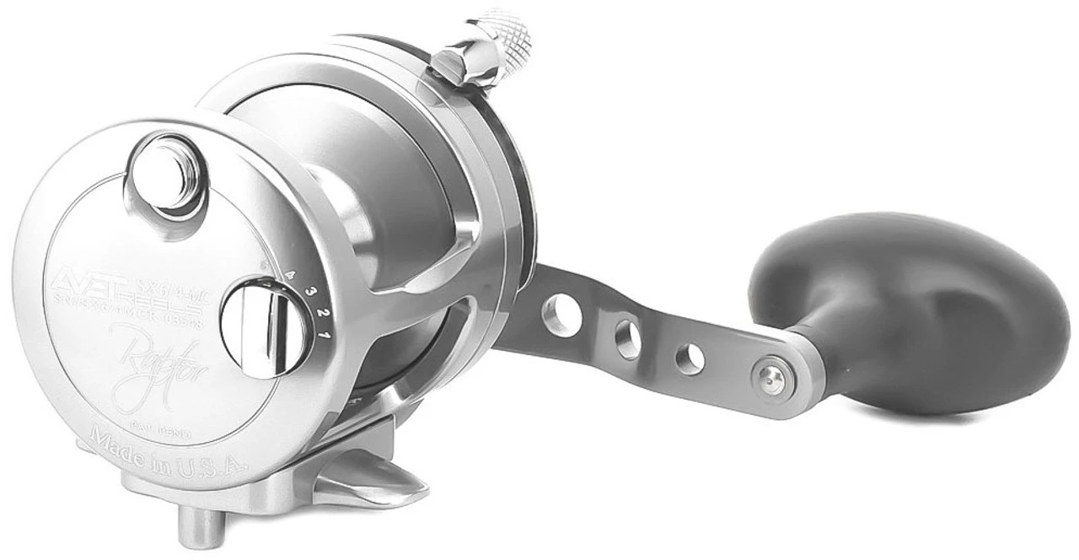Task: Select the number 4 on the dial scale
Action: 292,274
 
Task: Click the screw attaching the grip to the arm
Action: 768,371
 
